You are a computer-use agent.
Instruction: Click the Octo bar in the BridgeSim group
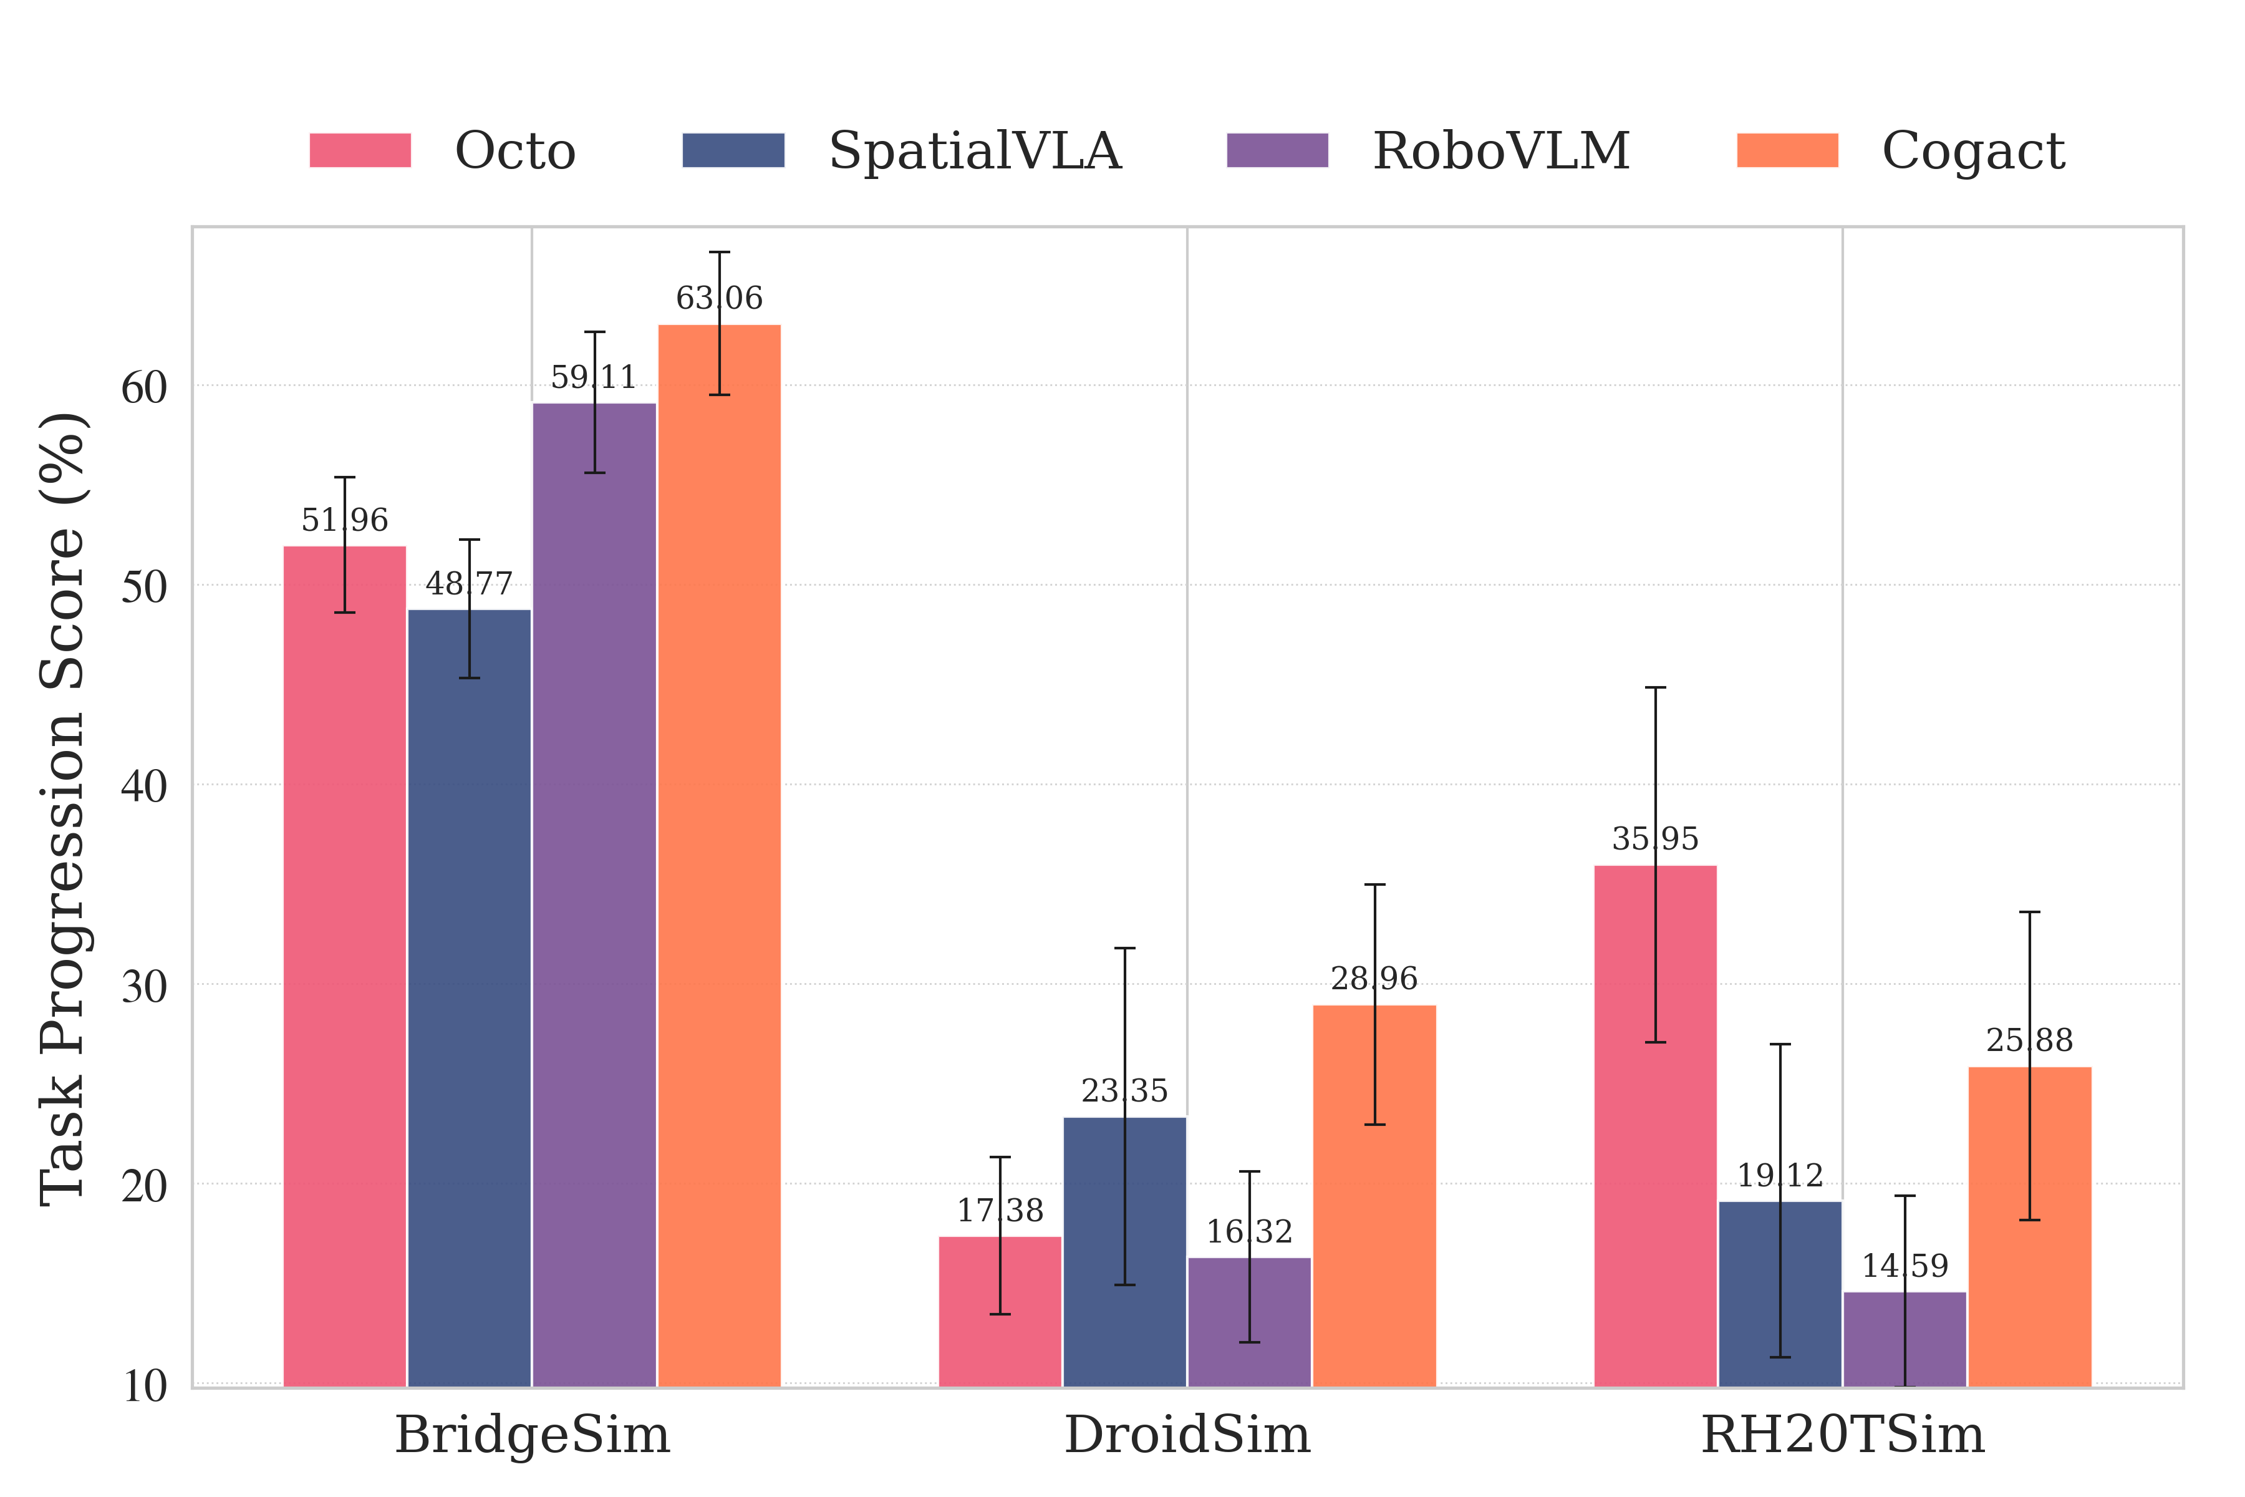[x=345, y=964]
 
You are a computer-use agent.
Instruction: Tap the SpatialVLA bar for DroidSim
[x=1124, y=1251]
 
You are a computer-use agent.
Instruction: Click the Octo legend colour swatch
[x=360, y=151]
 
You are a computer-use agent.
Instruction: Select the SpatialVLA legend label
[x=975, y=151]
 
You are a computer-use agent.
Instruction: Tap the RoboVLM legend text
[x=1500, y=151]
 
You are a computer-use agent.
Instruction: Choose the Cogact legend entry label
[x=1973, y=151]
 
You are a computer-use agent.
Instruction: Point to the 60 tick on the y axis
[x=144, y=387]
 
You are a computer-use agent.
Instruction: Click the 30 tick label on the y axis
[x=144, y=986]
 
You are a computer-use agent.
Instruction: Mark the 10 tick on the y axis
[x=144, y=1385]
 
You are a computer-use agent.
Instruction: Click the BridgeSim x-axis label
[x=532, y=1435]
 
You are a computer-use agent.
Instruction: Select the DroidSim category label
[x=1187, y=1435]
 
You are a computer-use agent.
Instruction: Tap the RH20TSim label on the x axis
[x=1842, y=1435]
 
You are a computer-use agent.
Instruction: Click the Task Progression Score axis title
[x=63, y=810]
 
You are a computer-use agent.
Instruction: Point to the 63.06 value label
[x=719, y=298]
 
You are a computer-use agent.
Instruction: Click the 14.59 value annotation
[x=1905, y=1266]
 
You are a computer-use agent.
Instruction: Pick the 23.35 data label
[x=1124, y=1090]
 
